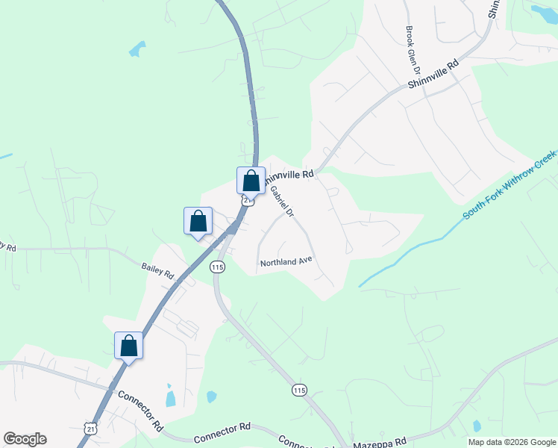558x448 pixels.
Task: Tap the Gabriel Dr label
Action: [282, 201]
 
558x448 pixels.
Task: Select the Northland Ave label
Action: [285, 263]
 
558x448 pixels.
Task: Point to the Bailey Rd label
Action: [157, 270]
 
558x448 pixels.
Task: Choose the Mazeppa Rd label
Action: [379, 441]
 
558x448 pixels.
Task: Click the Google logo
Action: [25, 439]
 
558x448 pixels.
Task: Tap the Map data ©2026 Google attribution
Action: [511, 442]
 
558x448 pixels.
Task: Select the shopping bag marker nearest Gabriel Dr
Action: [251, 181]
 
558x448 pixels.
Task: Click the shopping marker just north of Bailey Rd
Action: [198, 221]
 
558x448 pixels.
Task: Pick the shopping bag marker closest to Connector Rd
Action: [128, 346]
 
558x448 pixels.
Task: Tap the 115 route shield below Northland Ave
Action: [217, 267]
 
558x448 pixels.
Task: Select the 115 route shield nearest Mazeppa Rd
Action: [299, 391]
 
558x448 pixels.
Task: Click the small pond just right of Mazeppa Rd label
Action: [477, 426]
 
